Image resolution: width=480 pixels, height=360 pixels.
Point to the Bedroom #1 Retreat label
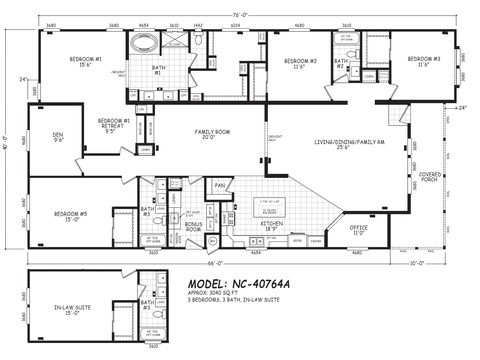111,125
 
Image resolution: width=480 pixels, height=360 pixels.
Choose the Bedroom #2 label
299,63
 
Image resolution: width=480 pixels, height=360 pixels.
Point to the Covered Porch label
431,178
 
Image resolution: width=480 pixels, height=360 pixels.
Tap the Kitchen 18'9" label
273,226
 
